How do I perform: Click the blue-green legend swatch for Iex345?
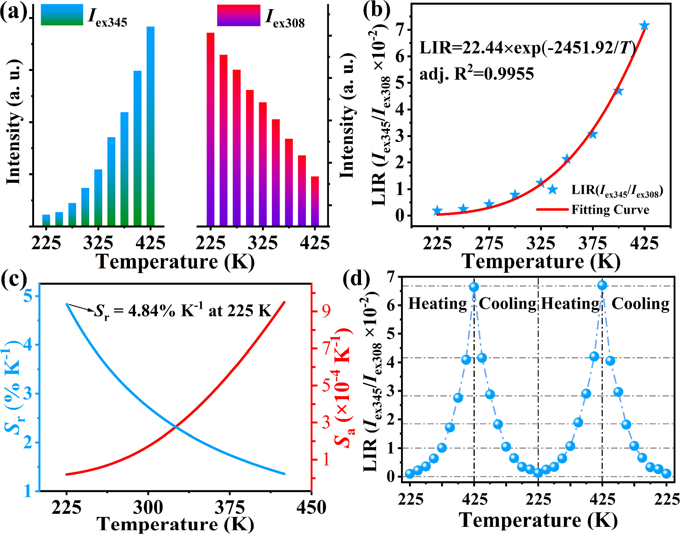(x=62, y=15)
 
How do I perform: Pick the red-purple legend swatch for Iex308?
(x=238, y=15)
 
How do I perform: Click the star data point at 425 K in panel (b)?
(x=644, y=26)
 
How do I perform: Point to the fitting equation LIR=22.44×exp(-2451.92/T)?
(x=527, y=48)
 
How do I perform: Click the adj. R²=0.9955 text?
(x=477, y=74)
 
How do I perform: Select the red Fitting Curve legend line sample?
(x=552, y=209)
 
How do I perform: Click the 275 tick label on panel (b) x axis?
(x=489, y=243)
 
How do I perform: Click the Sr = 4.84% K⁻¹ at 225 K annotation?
(x=182, y=311)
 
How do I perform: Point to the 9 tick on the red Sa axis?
(x=326, y=311)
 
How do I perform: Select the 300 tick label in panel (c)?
(x=148, y=507)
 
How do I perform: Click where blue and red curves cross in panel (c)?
(x=175, y=427)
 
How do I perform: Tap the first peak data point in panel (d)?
(x=474, y=287)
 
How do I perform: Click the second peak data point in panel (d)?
(x=602, y=285)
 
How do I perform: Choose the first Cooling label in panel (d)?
(x=508, y=304)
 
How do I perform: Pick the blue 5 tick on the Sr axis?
(x=28, y=296)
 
